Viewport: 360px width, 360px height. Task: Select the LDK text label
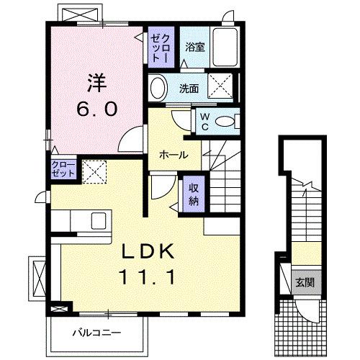148,251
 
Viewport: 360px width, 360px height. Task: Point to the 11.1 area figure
149,276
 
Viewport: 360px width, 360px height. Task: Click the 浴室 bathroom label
194,48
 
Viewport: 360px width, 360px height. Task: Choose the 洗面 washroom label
190,89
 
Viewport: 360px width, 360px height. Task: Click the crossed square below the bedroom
92,171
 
